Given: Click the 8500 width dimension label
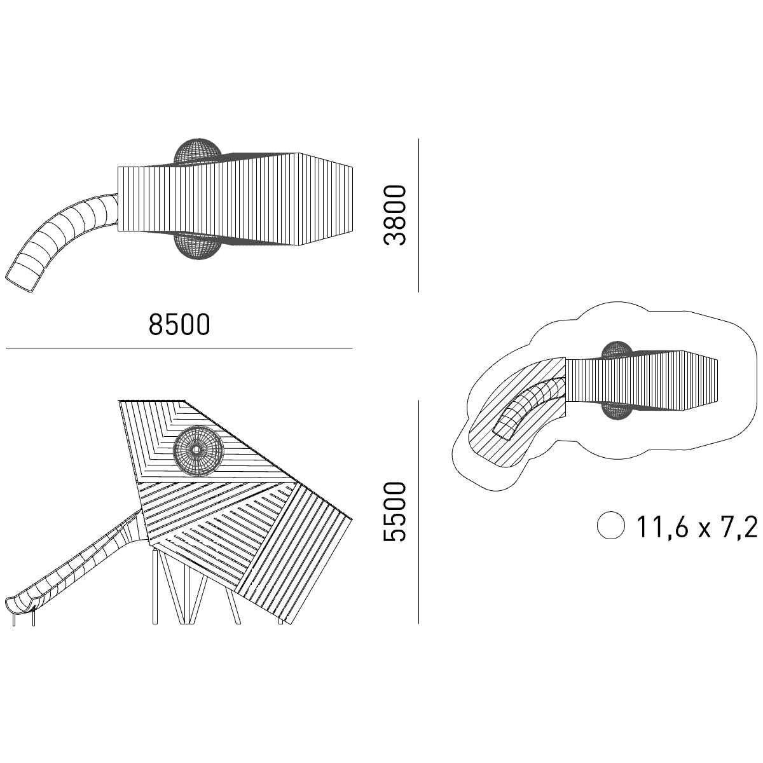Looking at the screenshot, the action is tap(179, 325).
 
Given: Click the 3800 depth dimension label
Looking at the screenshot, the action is tap(395, 216).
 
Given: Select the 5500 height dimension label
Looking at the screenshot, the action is tap(395, 512).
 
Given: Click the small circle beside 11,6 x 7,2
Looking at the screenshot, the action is tap(611, 525).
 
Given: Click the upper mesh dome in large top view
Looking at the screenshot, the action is tap(198, 151).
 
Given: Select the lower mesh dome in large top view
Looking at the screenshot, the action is tap(198, 246).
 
